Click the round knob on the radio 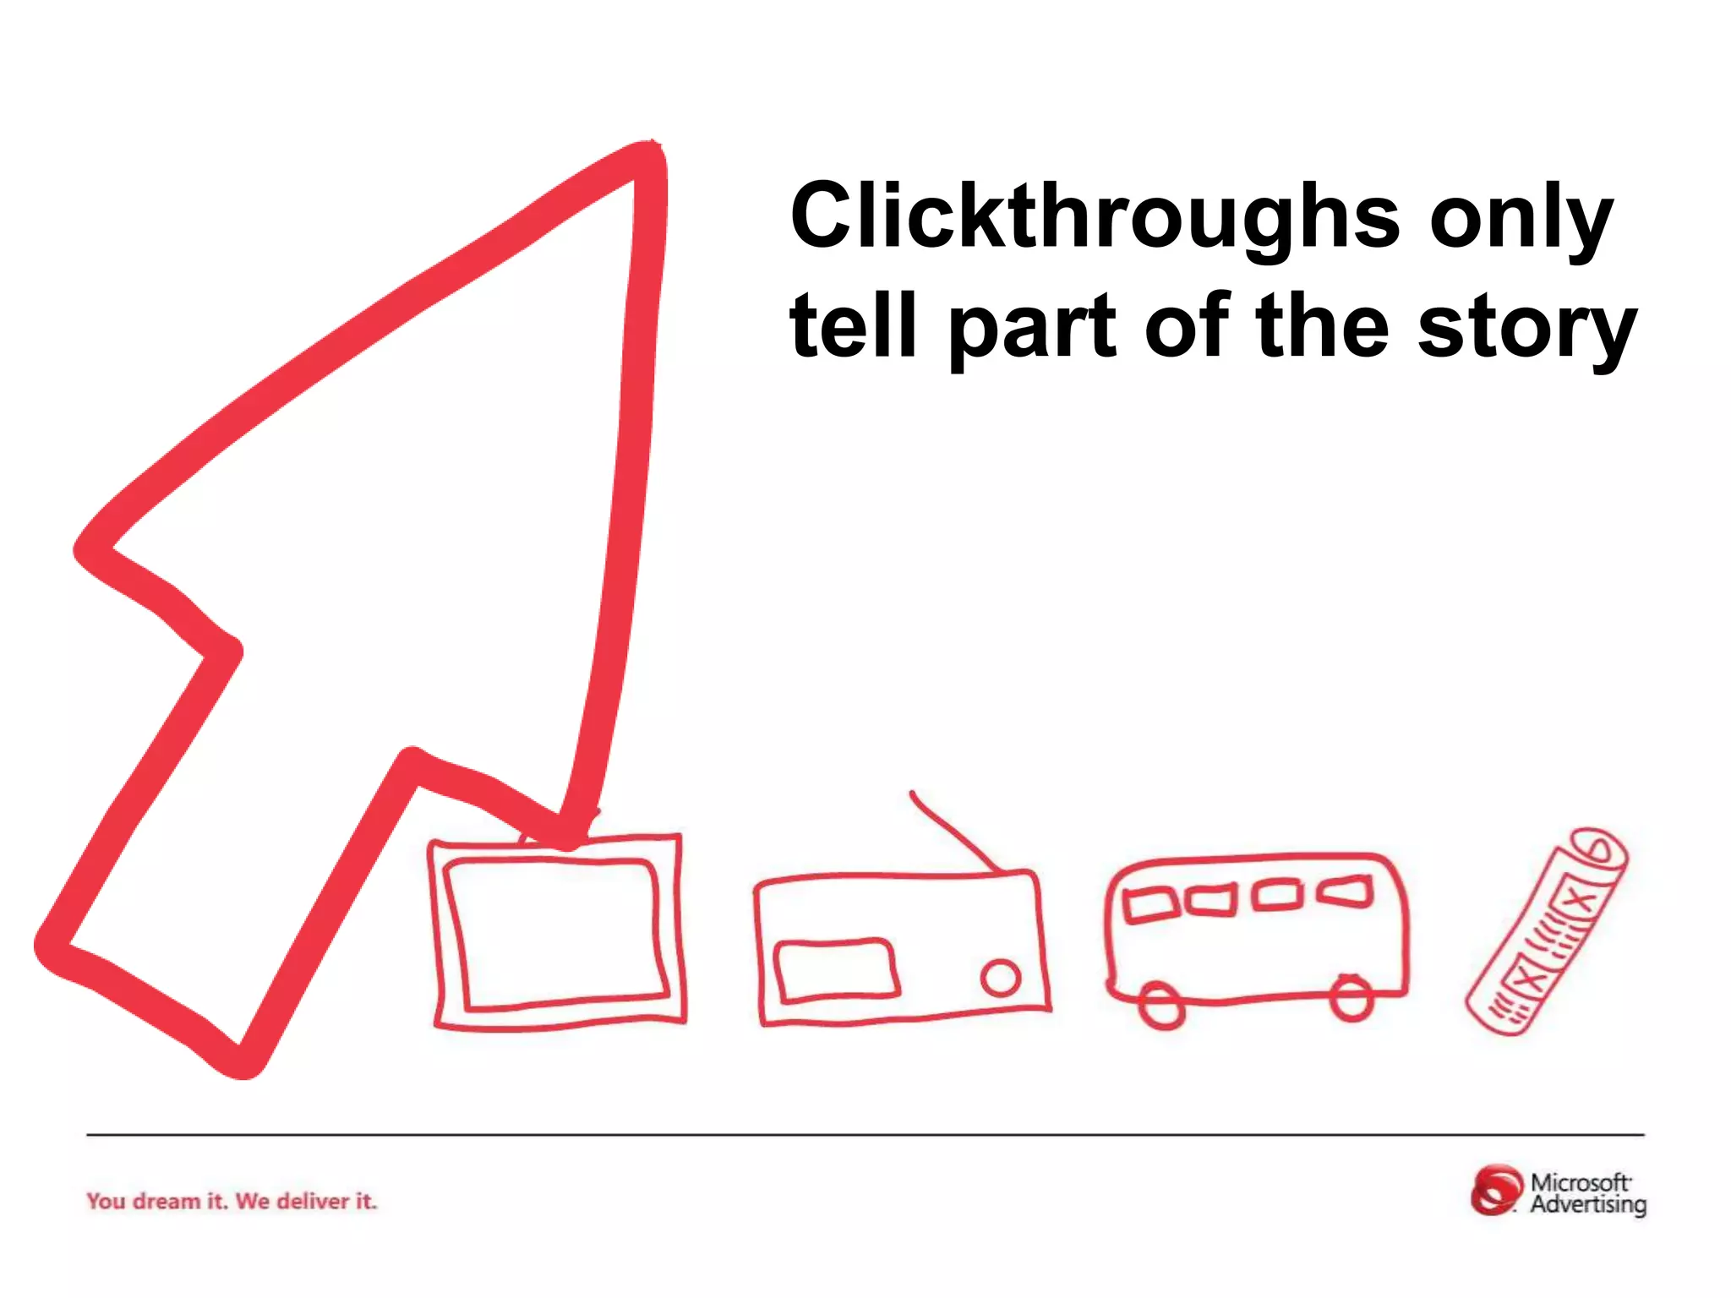(1001, 978)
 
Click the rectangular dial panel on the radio (836, 971)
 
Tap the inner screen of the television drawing (554, 933)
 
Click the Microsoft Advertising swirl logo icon (1497, 1191)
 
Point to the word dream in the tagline (167, 1201)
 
